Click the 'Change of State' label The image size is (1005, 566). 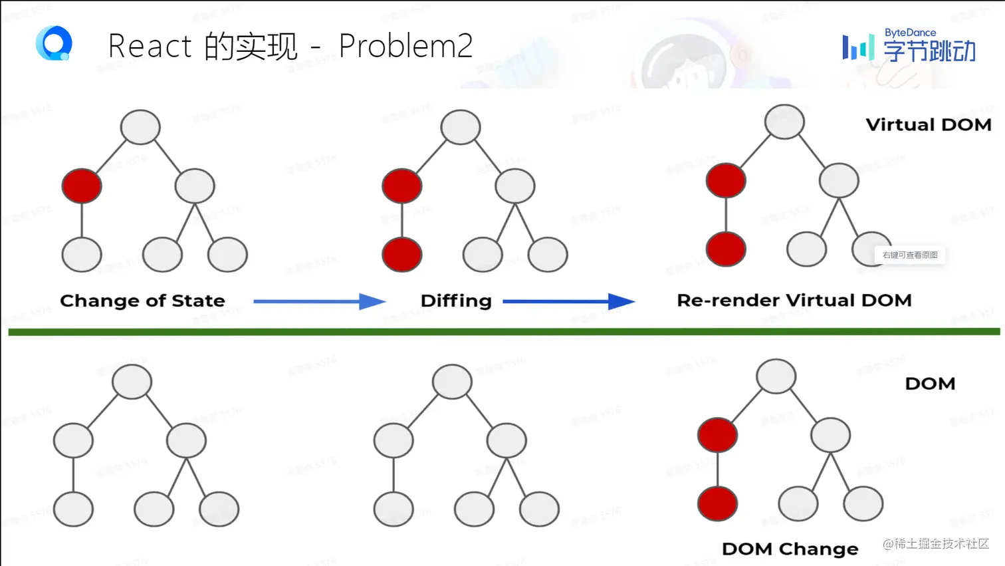(142, 301)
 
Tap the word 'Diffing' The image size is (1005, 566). (456, 301)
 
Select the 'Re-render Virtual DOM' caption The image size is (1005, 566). (794, 301)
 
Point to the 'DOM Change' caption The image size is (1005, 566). (790, 549)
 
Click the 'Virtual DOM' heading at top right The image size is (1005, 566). (928, 125)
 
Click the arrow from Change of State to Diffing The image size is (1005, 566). (319, 302)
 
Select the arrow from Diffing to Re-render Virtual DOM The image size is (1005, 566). (568, 302)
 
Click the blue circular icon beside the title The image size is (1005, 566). (54, 44)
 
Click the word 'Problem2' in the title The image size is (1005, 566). (405, 46)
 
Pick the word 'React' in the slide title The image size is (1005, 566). (150, 47)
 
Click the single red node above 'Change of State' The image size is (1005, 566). (82, 186)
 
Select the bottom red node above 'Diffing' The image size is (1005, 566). (402, 255)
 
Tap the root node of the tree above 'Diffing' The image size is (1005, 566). (461, 127)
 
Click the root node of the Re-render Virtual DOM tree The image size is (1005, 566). (784, 122)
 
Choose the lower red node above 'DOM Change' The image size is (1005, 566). (717, 503)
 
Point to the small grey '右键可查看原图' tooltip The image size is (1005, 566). (910, 255)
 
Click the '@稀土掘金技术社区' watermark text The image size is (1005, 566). (935, 544)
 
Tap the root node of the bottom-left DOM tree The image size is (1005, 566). (132, 382)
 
